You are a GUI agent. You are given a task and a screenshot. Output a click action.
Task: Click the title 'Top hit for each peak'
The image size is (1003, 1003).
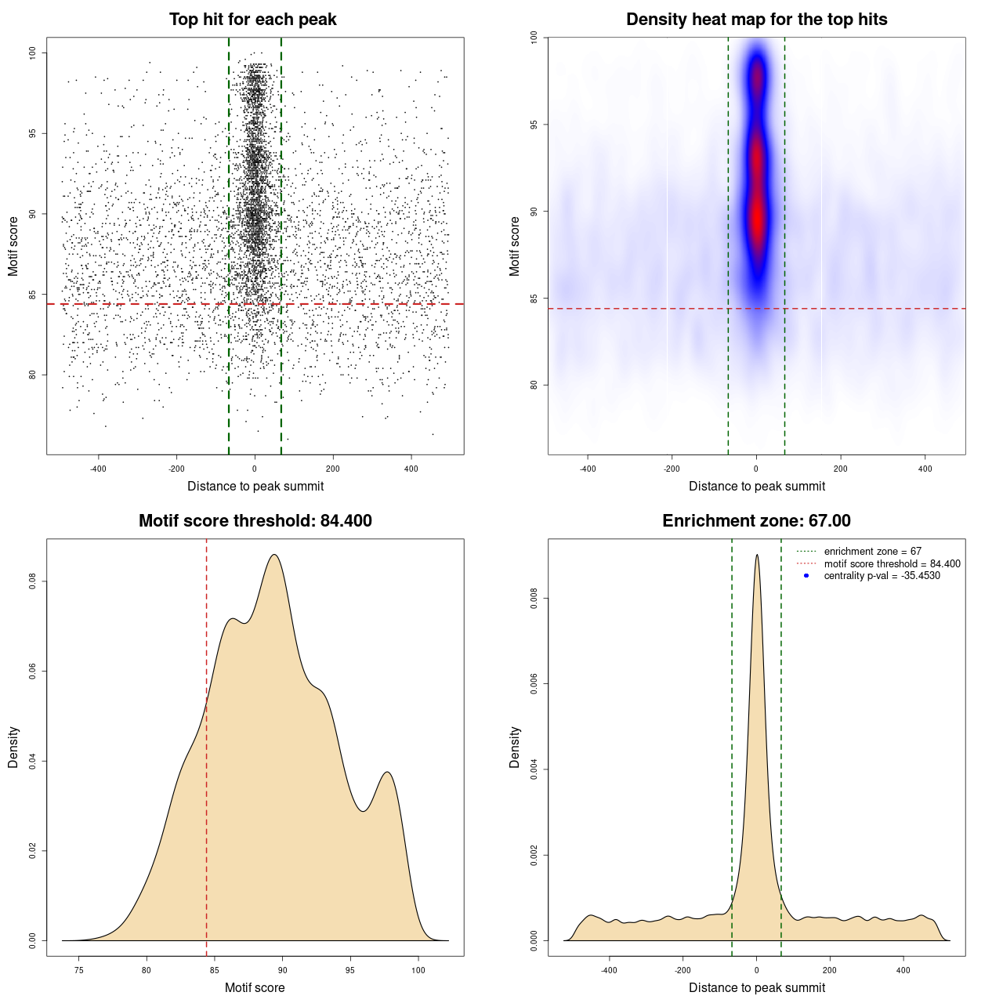click(x=252, y=20)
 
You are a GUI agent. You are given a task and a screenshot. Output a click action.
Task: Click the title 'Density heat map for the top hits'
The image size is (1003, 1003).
click(x=756, y=20)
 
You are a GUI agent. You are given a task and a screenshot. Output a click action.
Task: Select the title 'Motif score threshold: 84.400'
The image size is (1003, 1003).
click(x=255, y=521)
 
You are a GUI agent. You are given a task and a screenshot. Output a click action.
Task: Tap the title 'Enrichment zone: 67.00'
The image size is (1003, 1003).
click(x=756, y=521)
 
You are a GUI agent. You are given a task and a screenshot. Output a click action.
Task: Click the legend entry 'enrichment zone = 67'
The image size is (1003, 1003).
click(x=872, y=552)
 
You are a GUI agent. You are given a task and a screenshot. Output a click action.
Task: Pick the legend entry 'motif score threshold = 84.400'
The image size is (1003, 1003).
click(x=892, y=564)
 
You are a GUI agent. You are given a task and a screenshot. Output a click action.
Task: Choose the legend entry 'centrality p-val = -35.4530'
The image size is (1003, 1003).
click(x=882, y=576)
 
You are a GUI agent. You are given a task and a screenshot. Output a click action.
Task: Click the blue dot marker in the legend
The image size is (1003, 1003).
click(x=806, y=576)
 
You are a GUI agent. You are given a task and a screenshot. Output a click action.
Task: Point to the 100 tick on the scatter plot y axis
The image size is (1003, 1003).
click(x=33, y=53)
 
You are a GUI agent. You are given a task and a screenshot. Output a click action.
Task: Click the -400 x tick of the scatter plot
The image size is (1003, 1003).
click(x=98, y=469)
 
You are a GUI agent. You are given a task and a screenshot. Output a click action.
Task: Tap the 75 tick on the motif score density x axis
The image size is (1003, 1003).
click(x=78, y=970)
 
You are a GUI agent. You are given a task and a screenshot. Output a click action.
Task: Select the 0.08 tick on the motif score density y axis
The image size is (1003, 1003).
click(x=33, y=581)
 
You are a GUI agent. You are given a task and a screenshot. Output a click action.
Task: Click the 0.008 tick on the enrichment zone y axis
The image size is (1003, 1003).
click(x=534, y=599)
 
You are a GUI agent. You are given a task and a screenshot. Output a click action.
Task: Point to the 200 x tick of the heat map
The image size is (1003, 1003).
click(x=841, y=469)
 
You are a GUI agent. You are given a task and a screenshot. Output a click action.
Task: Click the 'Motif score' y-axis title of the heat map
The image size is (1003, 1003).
click(x=515, y=246)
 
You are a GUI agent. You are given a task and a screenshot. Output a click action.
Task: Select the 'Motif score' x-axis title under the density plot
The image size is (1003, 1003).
click(x=255, y=987)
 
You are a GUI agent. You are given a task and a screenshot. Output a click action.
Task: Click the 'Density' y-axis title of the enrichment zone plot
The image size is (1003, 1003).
click(x=515, y=747)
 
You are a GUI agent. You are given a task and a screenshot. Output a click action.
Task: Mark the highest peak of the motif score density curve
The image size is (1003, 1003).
click(x=274, y=555)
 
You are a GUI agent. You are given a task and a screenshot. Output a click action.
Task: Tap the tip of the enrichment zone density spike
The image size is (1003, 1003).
click(x=757, y=555)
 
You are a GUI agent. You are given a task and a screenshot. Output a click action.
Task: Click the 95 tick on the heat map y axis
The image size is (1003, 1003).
click(x=534, y=125)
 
